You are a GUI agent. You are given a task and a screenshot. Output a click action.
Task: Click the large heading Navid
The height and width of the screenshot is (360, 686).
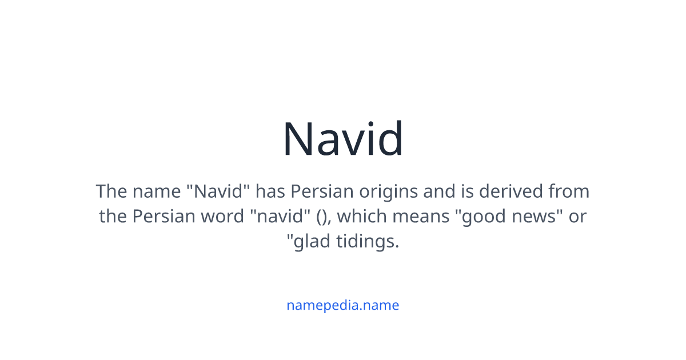pos(343,139)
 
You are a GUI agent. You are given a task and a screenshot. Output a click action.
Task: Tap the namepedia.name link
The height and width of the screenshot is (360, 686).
pos(342,305)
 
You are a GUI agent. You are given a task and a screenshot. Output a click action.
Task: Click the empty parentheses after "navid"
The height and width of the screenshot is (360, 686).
pos(322,217)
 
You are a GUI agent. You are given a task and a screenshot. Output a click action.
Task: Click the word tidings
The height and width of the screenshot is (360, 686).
pos(368,242)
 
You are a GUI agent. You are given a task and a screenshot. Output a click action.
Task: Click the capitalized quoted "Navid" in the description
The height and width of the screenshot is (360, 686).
pos(220,191)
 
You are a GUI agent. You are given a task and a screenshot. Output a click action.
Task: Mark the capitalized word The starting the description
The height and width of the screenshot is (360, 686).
pos(111,191)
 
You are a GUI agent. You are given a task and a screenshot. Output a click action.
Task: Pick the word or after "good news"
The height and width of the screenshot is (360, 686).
pos(577,217)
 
